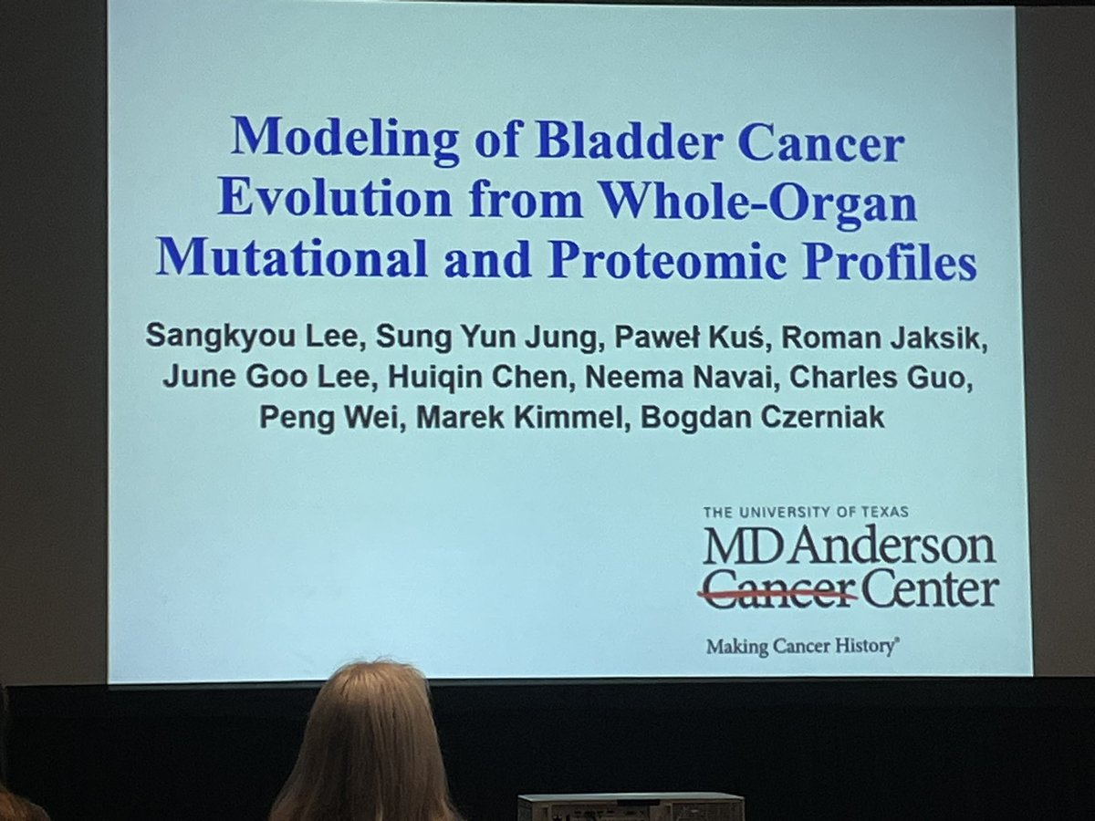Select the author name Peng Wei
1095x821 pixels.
point(296,417)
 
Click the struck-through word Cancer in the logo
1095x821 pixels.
point(777,590)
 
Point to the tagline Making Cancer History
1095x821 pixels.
point(802,647)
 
